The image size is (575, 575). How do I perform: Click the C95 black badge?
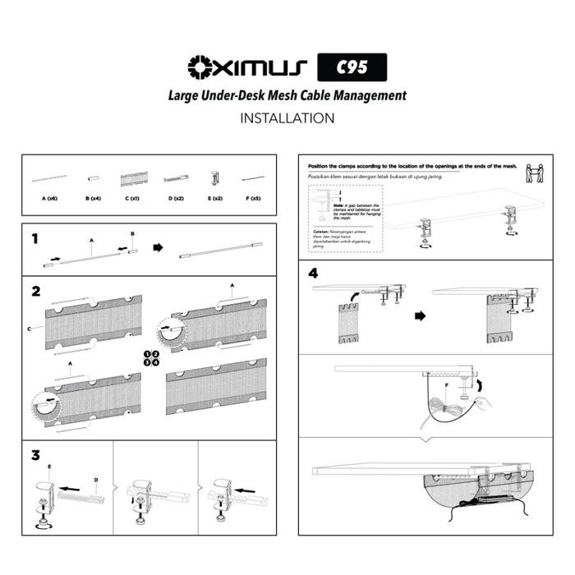click(x=352, y=67)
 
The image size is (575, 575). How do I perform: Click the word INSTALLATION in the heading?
click(x=287, y=118)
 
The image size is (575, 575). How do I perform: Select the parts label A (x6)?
click(x=49, y=199)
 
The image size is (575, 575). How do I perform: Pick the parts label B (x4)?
click(x=94, y=199)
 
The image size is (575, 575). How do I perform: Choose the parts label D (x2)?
click(x=175, y=199)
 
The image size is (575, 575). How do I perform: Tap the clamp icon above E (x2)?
click(x=215, y=178)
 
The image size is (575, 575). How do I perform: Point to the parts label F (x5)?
click(x=256, y=199)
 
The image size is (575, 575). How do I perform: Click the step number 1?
click(x=35, y=239)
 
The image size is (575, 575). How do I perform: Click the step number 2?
click(x=35, y=291)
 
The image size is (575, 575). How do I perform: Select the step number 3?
click(x=35, y=454)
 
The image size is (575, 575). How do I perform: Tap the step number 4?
click(x=313, y=273)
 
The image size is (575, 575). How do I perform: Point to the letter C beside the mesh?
click(x=30, y=329)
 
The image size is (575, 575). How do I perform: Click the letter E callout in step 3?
click(x=49, y=466)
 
